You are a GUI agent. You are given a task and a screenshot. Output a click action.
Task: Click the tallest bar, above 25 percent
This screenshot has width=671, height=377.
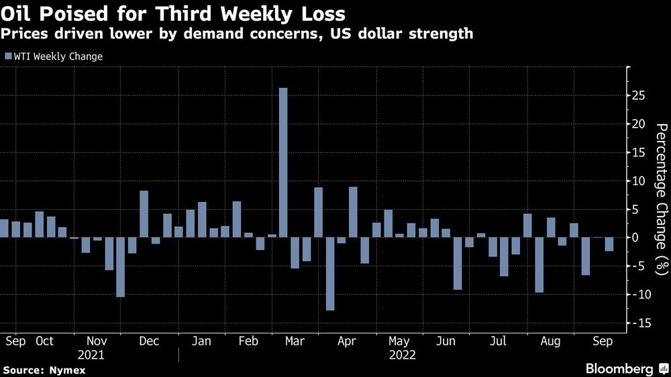tap(283, 162)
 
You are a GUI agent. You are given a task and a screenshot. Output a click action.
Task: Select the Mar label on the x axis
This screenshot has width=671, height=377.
tap(295, 341)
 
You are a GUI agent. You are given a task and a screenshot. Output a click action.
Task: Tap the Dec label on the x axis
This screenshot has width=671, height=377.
tap(149, 341)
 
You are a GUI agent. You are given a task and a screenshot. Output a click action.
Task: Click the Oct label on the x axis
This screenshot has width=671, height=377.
tap(44, 341)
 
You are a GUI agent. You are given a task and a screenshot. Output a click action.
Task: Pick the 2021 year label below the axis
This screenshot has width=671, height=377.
tap(91, 355)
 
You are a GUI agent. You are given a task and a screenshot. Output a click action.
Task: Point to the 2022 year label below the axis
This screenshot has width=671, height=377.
tap(403, 355)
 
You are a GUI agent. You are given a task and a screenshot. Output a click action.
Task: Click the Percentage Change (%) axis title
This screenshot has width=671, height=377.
tap(661, 199)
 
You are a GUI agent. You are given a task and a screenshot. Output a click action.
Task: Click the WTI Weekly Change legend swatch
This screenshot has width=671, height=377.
tap(8, 56)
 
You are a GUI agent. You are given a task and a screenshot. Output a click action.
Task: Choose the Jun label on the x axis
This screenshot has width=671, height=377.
tap(446, 341)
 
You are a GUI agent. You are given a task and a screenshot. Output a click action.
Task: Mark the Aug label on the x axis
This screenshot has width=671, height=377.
tap(550, 341)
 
